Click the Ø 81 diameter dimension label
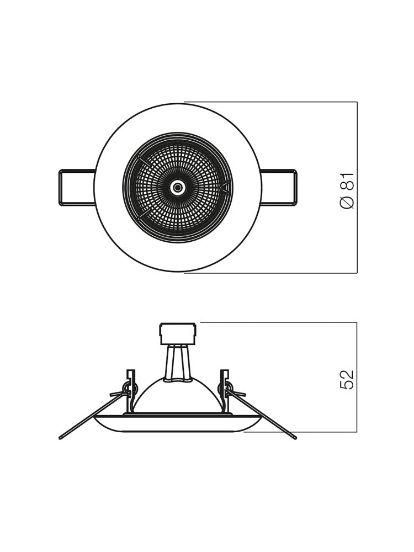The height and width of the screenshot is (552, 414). pos(347,190)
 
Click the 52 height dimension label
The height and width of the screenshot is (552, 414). pos(347,380)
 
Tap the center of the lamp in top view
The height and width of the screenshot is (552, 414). pos(178,188)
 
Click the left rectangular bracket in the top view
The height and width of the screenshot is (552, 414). pos(76,188)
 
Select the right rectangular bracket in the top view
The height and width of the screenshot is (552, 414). pos(279,188)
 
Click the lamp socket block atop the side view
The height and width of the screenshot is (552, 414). pos(178,333)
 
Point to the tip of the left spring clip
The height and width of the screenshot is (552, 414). pos(61,438)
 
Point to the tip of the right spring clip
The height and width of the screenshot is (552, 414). pos(295,438)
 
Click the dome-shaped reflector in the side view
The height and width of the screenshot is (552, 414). pos(178,396)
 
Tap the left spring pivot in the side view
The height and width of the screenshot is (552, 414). pos(130,389)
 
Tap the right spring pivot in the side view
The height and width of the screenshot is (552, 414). pos(225,389)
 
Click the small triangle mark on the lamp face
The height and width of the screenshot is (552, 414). pos(225,188)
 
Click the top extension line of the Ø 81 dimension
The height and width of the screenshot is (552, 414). pos(270,102)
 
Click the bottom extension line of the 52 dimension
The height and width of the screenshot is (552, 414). pos(301,432)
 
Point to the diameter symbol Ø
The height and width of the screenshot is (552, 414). pos(347,203)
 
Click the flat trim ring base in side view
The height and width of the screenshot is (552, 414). pos(178,423)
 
